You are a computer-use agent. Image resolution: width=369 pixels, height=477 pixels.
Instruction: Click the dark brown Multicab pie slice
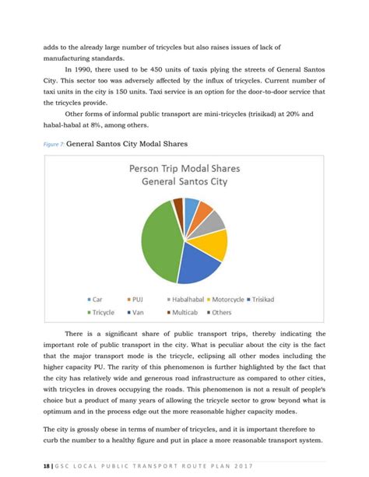tap(178, 205)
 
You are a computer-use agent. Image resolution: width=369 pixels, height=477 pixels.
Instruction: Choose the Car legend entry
tap(100, 299)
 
